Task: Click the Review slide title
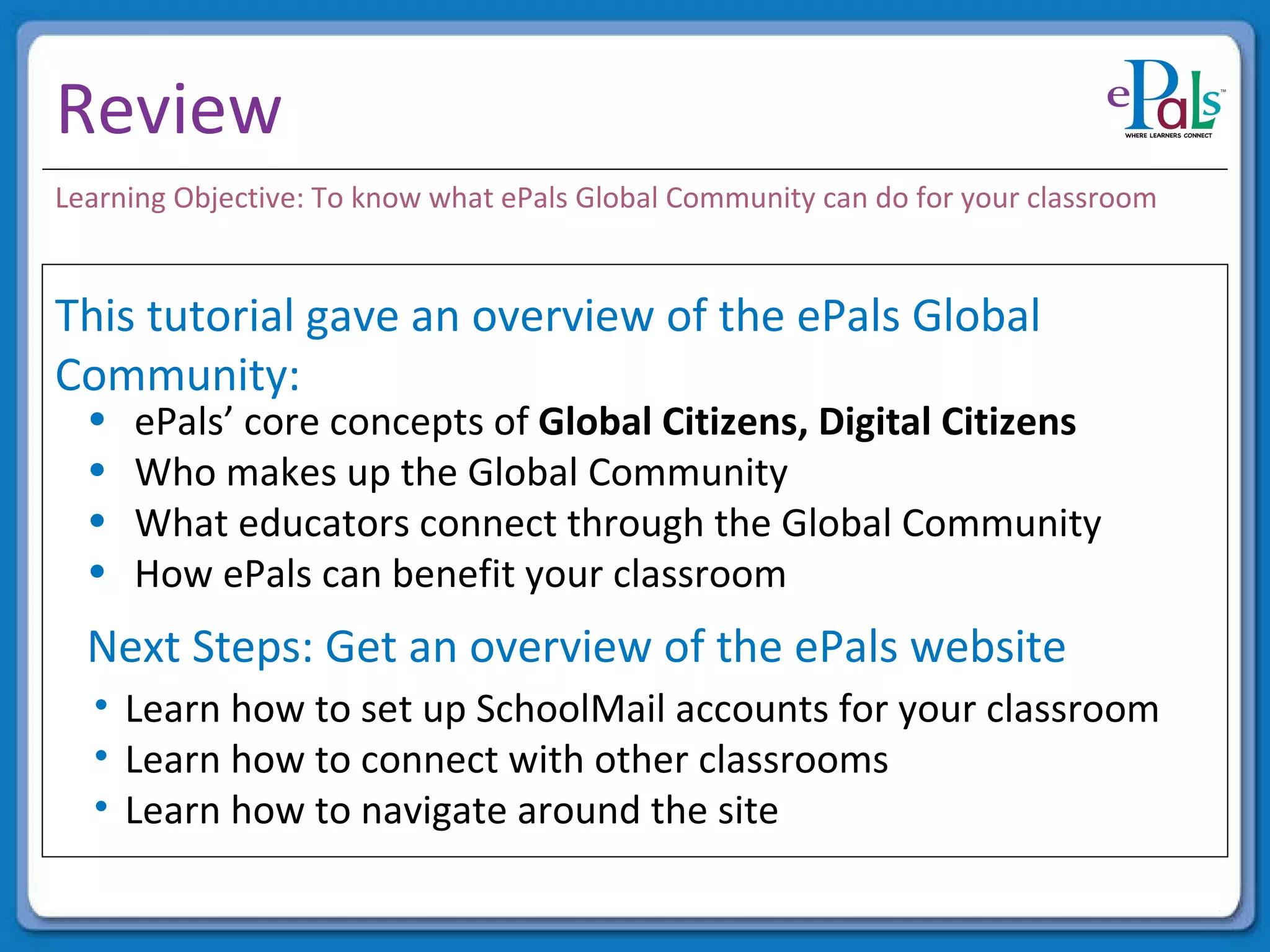click(169, 110)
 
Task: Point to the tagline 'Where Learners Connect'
click(1168, 135)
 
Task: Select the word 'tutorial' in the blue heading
click(220, 316)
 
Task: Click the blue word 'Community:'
click(177, 375)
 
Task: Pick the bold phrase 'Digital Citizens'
click(947, 422)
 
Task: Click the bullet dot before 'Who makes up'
click(97, 470)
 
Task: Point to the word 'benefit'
click(453, 574)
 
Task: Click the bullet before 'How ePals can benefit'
click(97, 571)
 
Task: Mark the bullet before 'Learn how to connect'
click(102, 756)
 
